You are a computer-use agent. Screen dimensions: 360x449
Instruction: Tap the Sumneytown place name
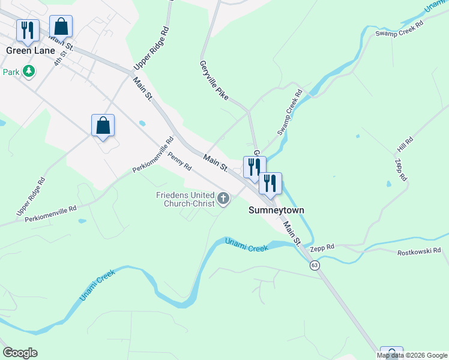pyautogui.click(x=277, y=211)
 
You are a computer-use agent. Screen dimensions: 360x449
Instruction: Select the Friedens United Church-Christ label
pyautogui.click(x=184, y=199)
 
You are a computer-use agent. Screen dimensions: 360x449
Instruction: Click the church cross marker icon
pyautogui.click(x=223, y=199)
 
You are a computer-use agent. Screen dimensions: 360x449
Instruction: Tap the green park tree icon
pyautogui.click(x=28, y=72)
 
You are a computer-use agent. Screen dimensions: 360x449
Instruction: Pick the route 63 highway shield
pyautogui.click(x=314, y=265)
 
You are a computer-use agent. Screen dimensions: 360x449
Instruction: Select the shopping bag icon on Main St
pyautogui.click(x=61, y=26)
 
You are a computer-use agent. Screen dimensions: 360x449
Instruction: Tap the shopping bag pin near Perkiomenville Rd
pyautogui.click(x=103, y=125)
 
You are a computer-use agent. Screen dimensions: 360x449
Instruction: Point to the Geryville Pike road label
pyautogui.click(x=214, y=79)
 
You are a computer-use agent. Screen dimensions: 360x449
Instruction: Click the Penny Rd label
pyautogui.click(x=179, y=161)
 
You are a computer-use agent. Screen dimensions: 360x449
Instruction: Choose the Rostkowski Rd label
pyautogui.click(x=419, y=251)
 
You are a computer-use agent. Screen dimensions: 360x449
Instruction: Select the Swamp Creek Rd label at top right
pyautogui.click(x=399, y=28)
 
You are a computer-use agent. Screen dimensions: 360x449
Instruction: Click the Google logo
pyautogui.click(x=20, y=353)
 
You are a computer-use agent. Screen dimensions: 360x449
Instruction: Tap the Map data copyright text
pyautogui.click(x=412, y=355)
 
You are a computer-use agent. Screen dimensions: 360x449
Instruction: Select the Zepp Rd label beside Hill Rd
pyautogui.click(x=401, y=170)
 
